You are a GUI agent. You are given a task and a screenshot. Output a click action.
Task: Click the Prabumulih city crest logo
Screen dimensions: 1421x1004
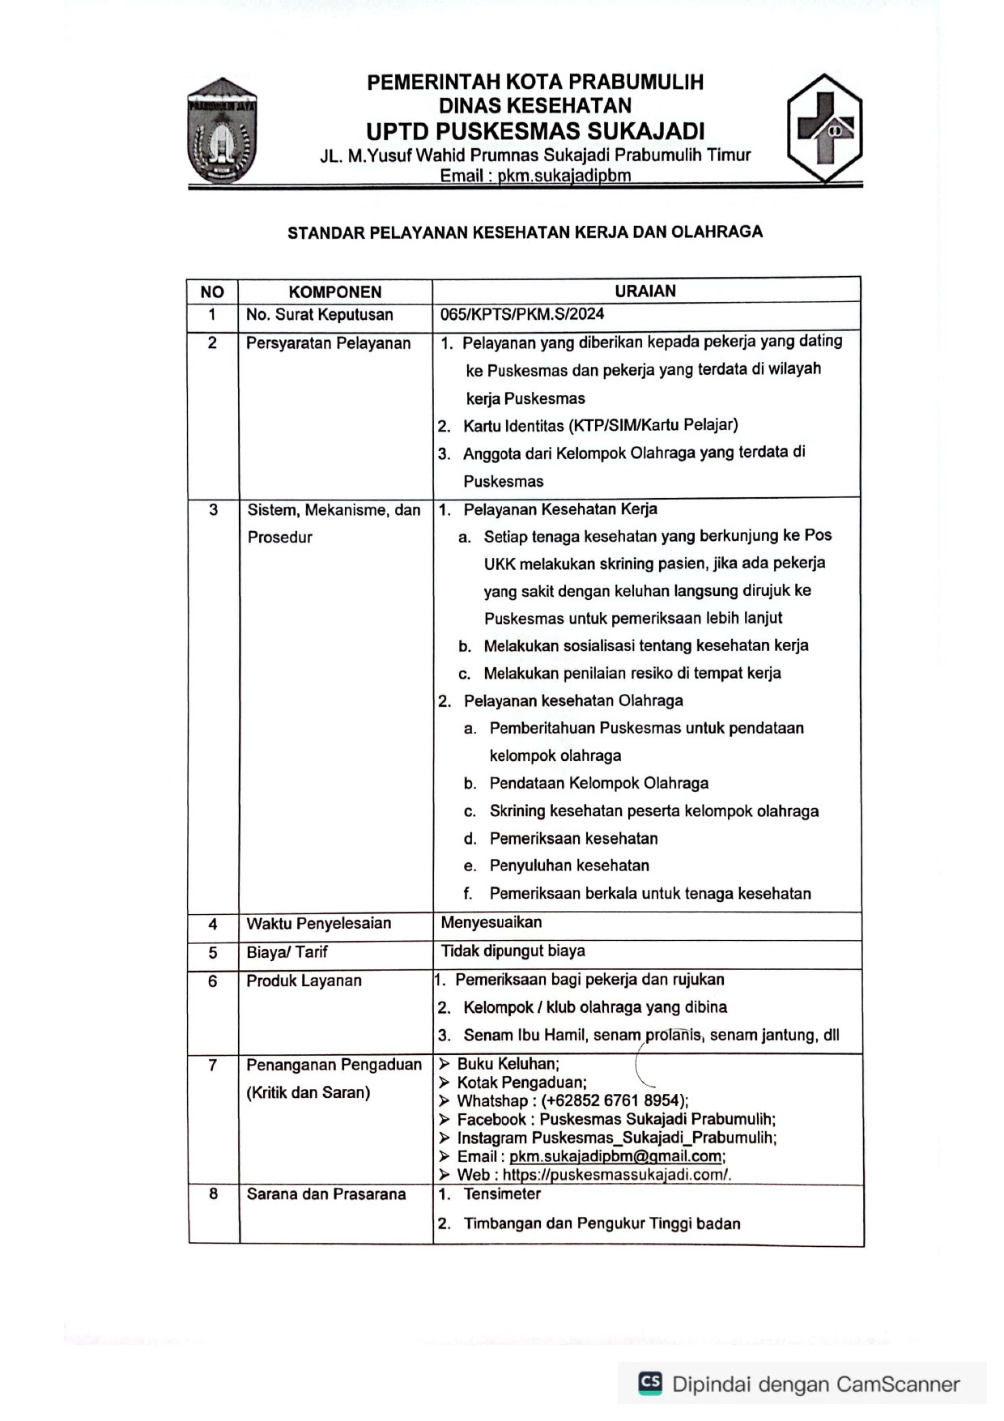click(x=222, y=131)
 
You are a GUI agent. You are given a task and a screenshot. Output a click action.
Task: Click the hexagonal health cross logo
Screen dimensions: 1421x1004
click(x=824, y=128)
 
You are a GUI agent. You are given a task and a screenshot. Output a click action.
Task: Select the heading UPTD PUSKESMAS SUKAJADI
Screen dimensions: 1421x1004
click(x=535, y=131)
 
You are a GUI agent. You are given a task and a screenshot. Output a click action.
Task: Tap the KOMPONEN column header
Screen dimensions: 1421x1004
click(x=334, y=292)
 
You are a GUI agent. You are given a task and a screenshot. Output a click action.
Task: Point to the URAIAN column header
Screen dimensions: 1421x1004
click(x=645, y=291)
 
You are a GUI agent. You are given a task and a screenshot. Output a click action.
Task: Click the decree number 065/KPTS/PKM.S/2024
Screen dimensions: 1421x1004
click(x=522, y=314)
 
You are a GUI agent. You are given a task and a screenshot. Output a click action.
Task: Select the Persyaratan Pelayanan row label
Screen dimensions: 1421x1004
click(x=328, y=343)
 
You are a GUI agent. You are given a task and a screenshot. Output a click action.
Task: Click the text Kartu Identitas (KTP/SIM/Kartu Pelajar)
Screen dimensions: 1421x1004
click(x=600, y=425)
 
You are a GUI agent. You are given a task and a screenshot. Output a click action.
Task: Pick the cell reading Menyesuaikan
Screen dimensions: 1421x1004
click(x=491, y=921)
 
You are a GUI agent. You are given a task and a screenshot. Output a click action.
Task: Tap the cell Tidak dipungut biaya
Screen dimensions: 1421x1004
click(x=513, y=951)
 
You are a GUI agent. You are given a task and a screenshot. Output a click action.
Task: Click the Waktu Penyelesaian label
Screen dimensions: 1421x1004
click(x=318, y=923)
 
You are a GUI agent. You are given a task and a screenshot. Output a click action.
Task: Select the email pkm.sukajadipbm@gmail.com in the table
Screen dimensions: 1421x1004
click(x=617, y=1156)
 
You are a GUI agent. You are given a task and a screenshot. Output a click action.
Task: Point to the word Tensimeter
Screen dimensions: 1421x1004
click(x=502, y=1193)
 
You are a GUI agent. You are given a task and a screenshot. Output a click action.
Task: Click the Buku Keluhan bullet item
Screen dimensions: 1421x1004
click(x=508, y=1064)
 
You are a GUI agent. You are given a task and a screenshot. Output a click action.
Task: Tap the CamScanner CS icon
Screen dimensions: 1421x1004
click(x=649, y=1383)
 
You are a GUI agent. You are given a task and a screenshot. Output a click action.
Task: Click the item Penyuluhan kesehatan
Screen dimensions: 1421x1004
click(x=568, y=866)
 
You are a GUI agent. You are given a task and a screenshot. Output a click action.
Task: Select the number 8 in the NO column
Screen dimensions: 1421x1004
click(x=213, y=1193)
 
